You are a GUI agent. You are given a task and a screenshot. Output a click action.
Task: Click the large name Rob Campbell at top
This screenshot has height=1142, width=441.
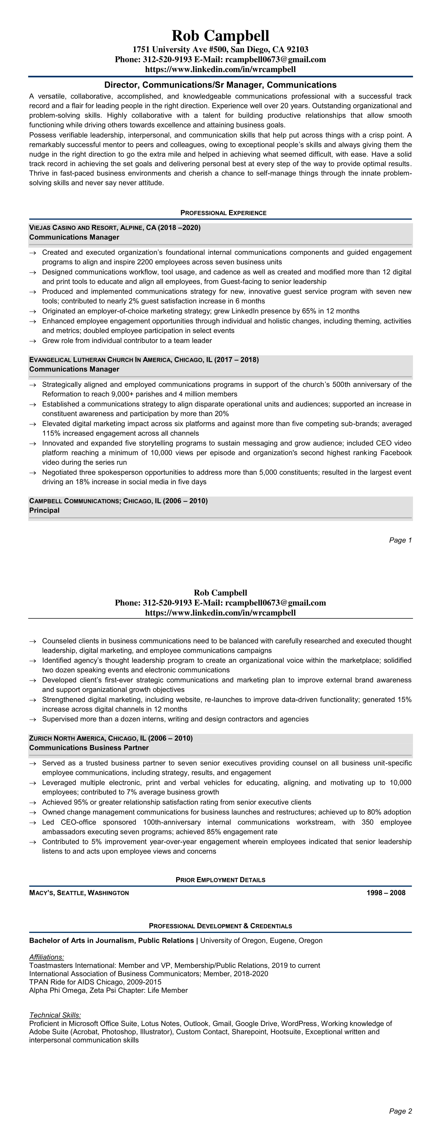(220, 36)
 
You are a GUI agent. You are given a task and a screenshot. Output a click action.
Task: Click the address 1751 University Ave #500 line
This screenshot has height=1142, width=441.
(220, 50)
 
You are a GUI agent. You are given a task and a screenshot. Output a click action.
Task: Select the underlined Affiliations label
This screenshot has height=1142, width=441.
(46, 957)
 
